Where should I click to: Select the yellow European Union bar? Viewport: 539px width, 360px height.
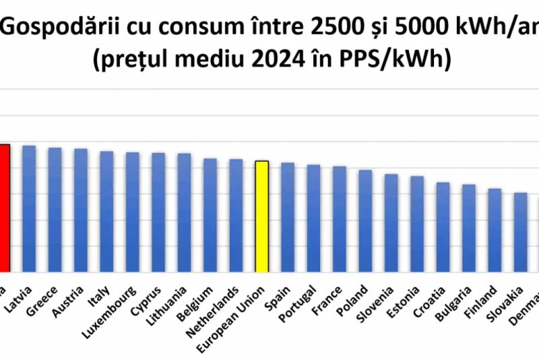261,216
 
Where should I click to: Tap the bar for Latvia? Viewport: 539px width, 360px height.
29,208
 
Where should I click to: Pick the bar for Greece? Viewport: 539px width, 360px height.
55,210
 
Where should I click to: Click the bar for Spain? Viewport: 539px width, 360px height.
288,217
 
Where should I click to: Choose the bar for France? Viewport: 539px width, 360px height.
340,219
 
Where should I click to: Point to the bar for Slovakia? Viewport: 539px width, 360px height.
520,232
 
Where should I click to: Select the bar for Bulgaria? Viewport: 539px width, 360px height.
468,228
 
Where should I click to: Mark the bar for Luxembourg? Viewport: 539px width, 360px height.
132,212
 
